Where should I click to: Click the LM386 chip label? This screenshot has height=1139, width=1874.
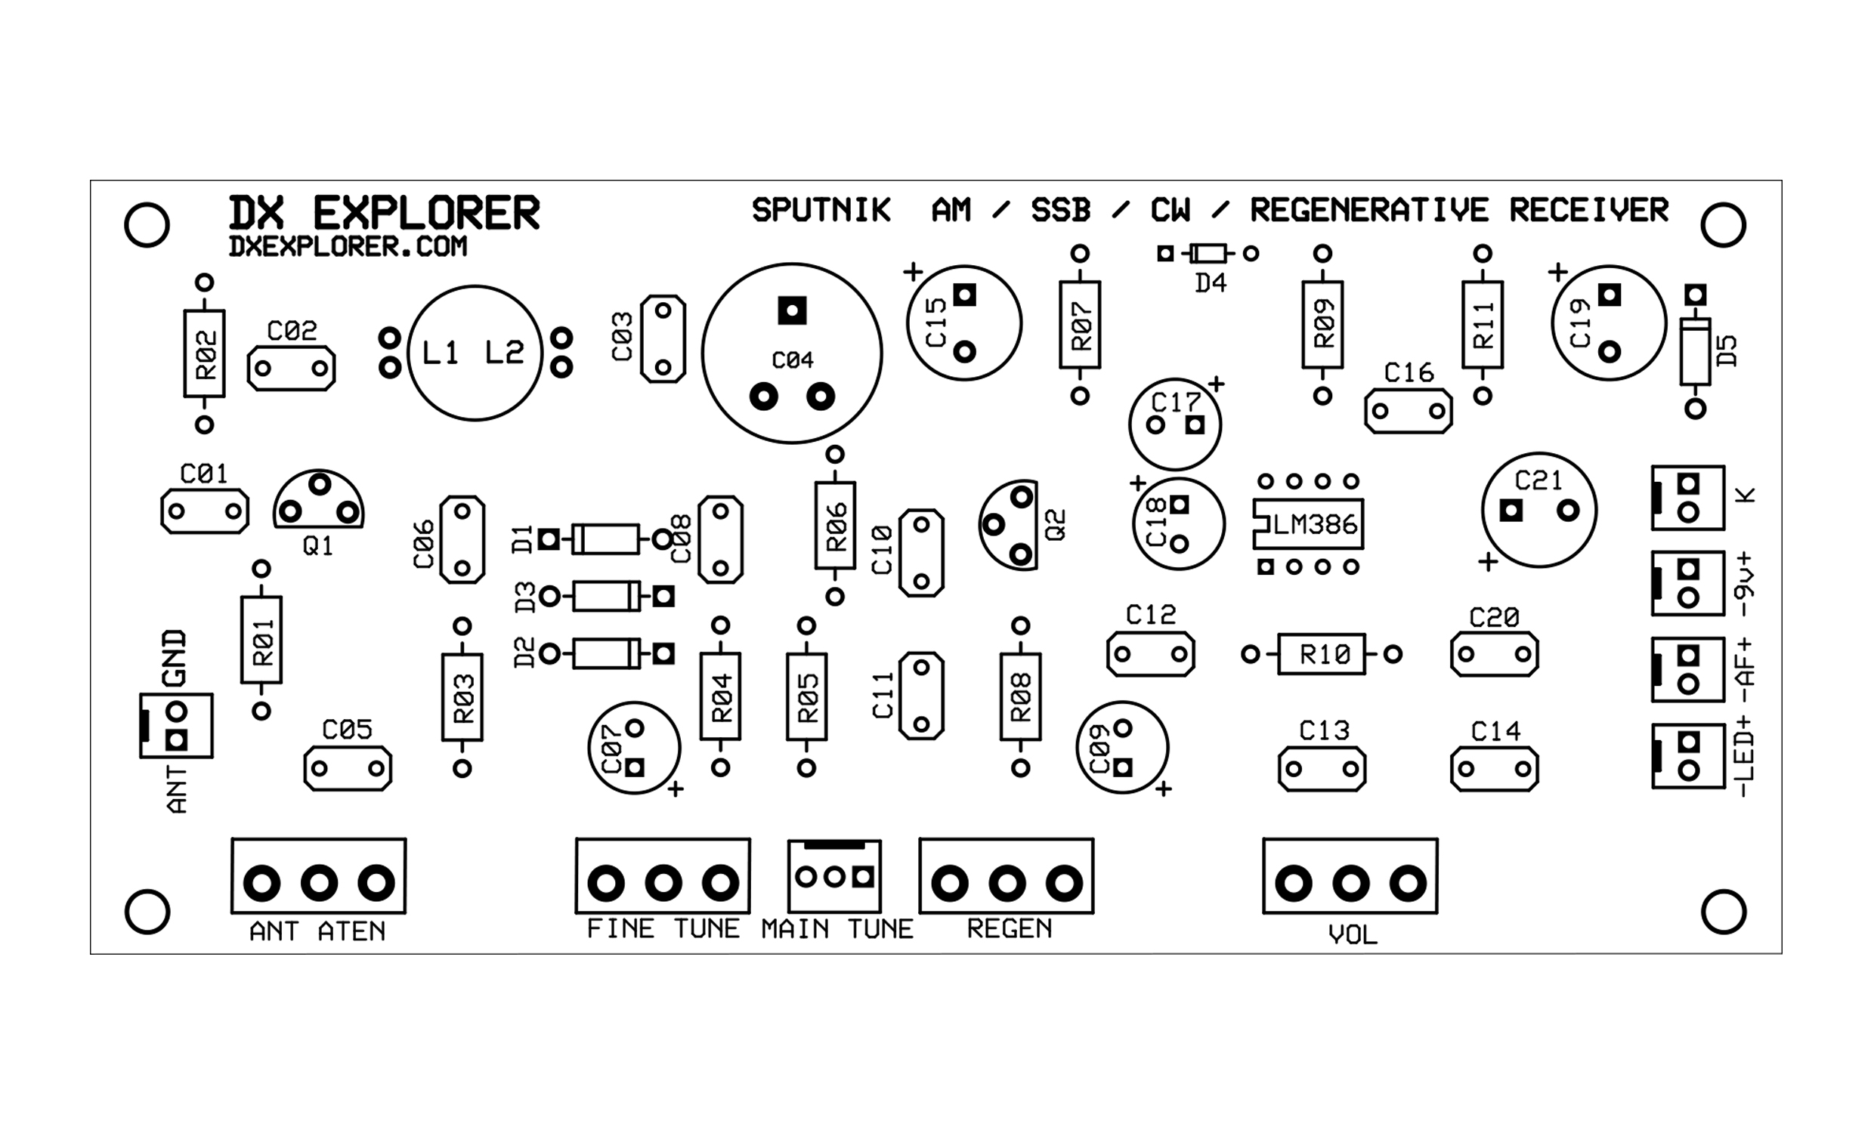(x=1315, y=525)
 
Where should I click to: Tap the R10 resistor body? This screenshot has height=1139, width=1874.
(x=1322, y=654)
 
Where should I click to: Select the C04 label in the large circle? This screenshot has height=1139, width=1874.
(x=793, y=360)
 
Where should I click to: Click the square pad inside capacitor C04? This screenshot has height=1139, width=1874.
(x=792, y=310)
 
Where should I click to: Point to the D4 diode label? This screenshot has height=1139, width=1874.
(x=1211, y=283)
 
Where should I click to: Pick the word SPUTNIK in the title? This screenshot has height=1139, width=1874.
(x=821, y=211)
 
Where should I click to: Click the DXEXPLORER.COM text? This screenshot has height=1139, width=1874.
(x=348, y=246)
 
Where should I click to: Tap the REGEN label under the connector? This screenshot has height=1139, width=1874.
(x=1010, y=928)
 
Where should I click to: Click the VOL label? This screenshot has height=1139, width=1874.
(x=1353, y=935)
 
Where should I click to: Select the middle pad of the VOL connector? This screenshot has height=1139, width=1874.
(x=1351, y=884)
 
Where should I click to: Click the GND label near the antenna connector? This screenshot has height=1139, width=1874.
(x=175, y=659)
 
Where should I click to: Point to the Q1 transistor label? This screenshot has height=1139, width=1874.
(x=318, y=546)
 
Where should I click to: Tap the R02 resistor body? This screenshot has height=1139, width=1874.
(x=205, y=353)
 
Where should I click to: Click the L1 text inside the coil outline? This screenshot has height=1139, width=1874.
(x=441, y=353)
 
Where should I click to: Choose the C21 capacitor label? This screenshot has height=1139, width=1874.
(x=1538, y=480)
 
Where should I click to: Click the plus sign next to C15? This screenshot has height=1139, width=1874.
(x=913, y=271)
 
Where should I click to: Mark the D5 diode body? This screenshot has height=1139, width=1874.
(x=1695, y=351)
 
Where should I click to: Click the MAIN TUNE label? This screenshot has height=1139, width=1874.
(x=836, y=929)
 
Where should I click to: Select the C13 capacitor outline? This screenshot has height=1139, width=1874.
(x=1322, y=769)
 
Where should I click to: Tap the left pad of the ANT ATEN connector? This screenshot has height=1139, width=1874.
(x=261, y=884)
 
